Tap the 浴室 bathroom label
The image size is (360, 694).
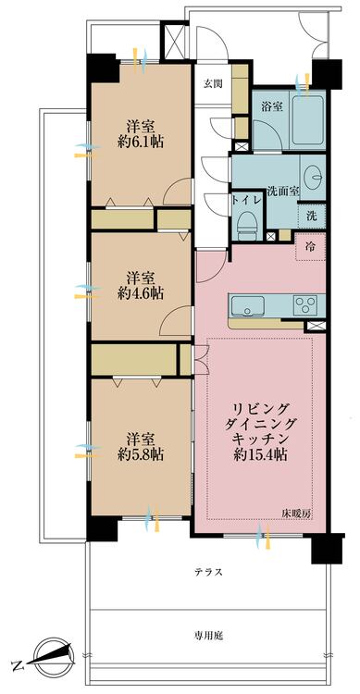tap(269, 105)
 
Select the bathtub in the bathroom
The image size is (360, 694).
tap(307, 119)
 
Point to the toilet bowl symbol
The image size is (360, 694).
tap(247, 224)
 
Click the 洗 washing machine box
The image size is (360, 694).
tap(312, 216)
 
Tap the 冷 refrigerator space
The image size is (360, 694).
tap(311, 247)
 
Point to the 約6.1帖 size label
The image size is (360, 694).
tap(142, 143)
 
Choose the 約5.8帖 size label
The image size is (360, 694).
tap(142, 454)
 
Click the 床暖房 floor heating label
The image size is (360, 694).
tap(297, 514)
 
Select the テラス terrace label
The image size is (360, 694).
tap(208, 572)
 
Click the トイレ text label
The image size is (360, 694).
tap(247, 200)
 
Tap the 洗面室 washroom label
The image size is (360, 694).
tap(283, 192)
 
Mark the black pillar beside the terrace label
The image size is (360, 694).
tap(328, 549)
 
